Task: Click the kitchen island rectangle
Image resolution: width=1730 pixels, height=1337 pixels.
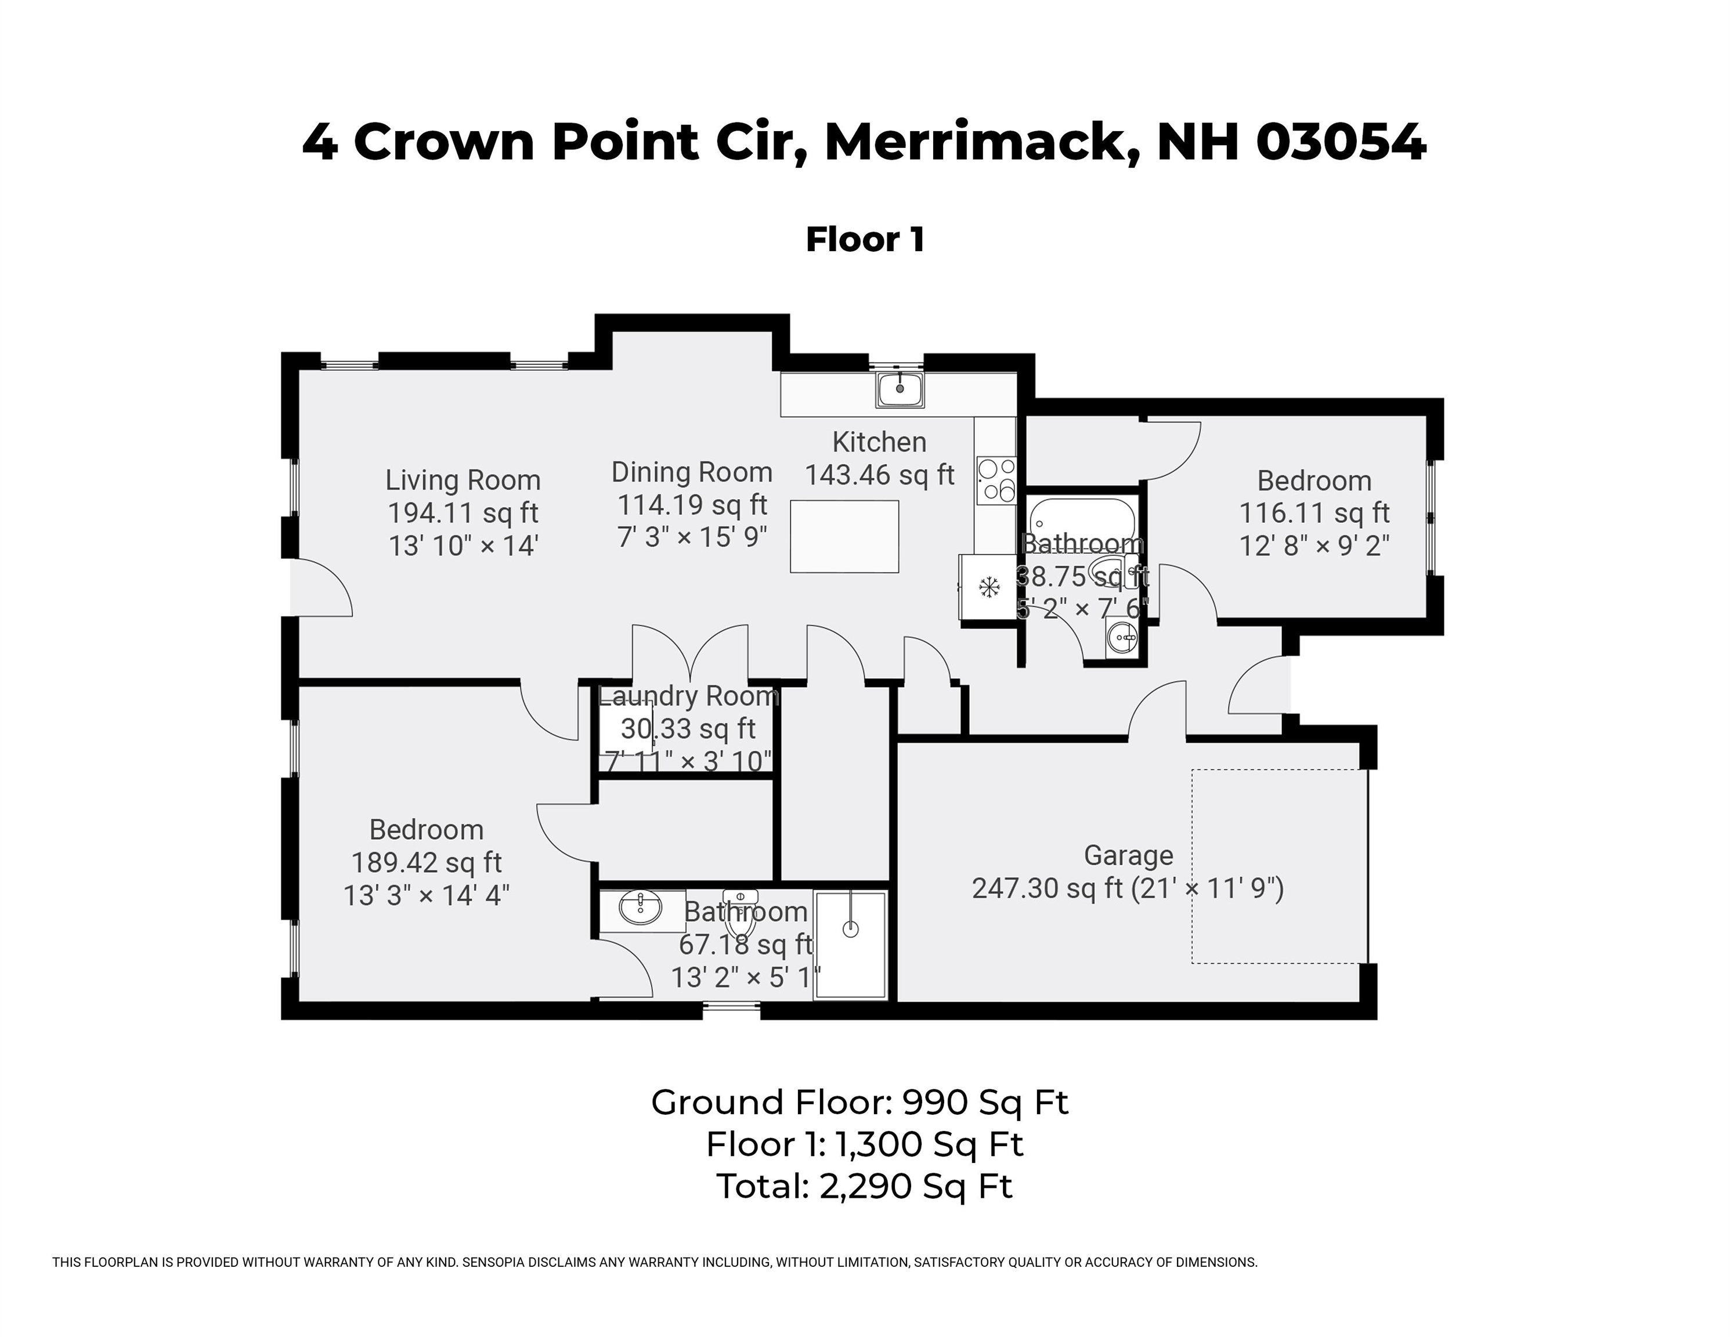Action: point(844,536)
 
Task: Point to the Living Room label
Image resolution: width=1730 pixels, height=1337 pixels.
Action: point(463,480)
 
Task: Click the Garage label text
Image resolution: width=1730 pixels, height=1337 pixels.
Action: point(1128,855)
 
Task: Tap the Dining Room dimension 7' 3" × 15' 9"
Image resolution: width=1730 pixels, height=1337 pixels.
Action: point(692,537)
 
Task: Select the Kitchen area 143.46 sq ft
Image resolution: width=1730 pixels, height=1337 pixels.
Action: point(879,475)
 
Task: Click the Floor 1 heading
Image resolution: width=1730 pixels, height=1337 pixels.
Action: point(865,239)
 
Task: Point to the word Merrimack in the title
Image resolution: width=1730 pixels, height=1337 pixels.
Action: point(983,143)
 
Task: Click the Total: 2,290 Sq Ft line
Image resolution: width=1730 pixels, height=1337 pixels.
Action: point(864,1186)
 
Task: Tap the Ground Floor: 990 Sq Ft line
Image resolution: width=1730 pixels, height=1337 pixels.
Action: point(859,1102)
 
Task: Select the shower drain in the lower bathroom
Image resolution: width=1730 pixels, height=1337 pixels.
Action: point(851,929)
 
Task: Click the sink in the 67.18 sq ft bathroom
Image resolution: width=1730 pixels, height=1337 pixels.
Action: point(640,908)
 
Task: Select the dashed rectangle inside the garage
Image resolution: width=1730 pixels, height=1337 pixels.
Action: point(1278,866)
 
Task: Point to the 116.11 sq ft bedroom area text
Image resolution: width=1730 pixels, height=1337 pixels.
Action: point(1314,512)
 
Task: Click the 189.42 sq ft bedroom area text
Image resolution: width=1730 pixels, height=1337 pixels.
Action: point(426,862)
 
